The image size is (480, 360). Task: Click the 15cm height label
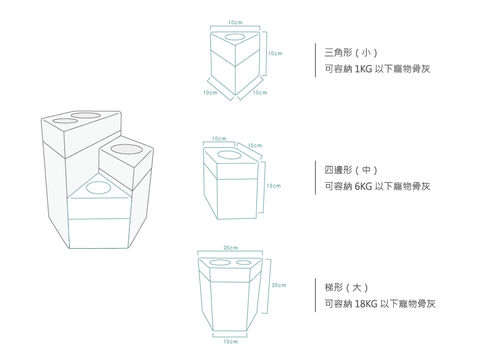pos(274,186)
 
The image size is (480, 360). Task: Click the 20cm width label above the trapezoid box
pos(230,248)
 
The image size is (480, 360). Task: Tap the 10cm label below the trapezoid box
pos(230,342)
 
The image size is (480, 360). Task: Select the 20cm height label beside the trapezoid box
pos(279,285)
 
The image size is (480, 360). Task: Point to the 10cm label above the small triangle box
pos(235,22)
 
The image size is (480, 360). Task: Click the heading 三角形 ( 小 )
pos(351,53)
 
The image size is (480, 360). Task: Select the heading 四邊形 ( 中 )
pos(351,170)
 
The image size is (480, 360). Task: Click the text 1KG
pos(363,69)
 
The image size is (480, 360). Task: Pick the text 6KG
pos(364,186)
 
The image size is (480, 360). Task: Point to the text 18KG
pos(366,304)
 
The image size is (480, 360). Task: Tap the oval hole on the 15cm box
pos(230,155)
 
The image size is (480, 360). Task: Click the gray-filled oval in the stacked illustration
pos(126,150)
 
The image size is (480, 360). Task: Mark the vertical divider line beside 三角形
pos(316,60)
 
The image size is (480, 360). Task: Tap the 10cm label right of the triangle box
pos(275,53)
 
